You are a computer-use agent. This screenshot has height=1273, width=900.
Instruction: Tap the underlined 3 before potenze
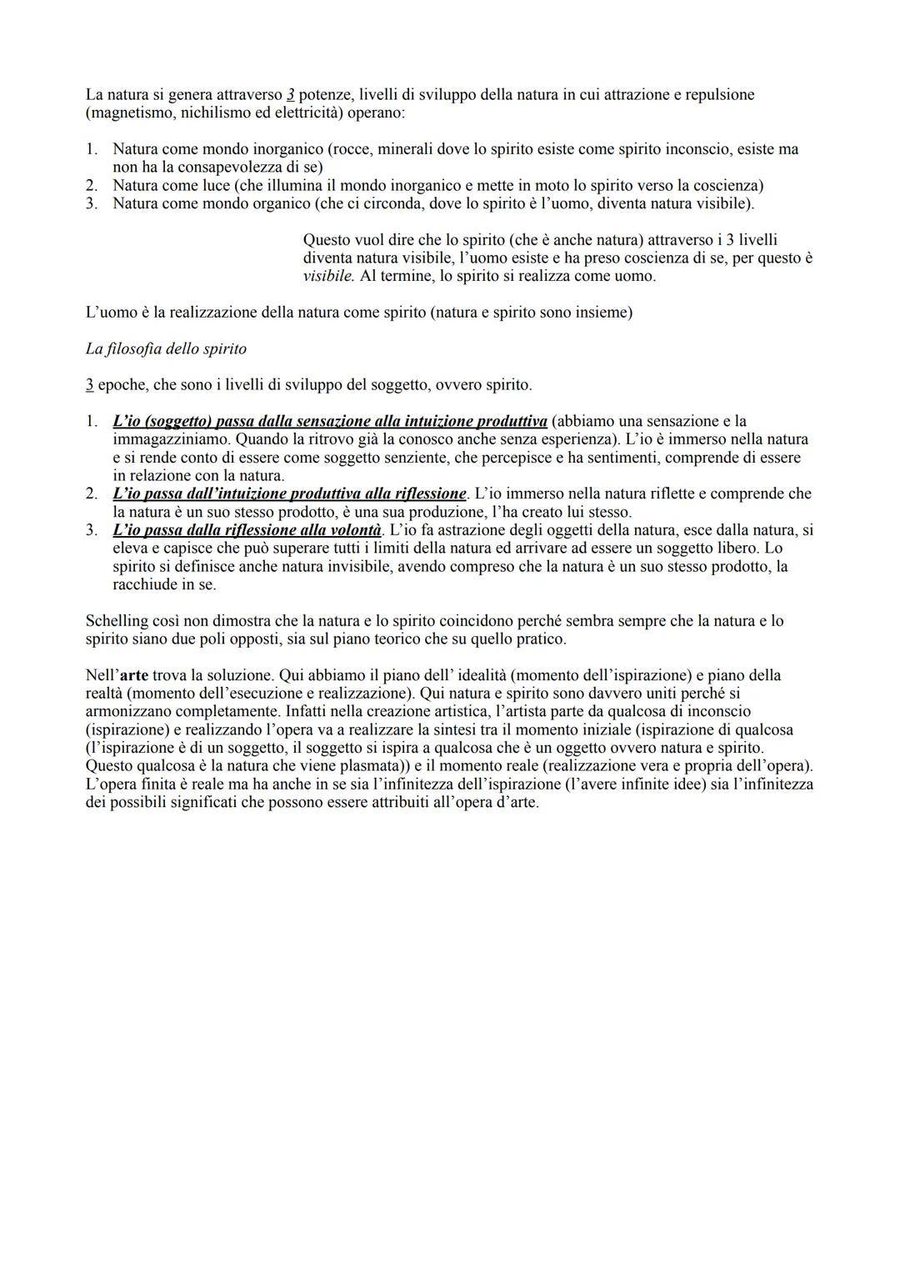click(x=290, y=94)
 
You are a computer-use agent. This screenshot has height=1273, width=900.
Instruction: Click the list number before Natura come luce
click(x=92, y=185)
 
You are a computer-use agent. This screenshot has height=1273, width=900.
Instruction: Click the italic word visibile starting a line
click(x=328, y=277)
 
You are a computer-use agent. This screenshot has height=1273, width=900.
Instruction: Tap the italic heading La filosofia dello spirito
click(x=166, y=349)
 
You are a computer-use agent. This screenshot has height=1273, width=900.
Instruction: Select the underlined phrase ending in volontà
click(x=247, y=530)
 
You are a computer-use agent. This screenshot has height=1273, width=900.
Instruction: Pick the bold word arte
click(x=133, y=675)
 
